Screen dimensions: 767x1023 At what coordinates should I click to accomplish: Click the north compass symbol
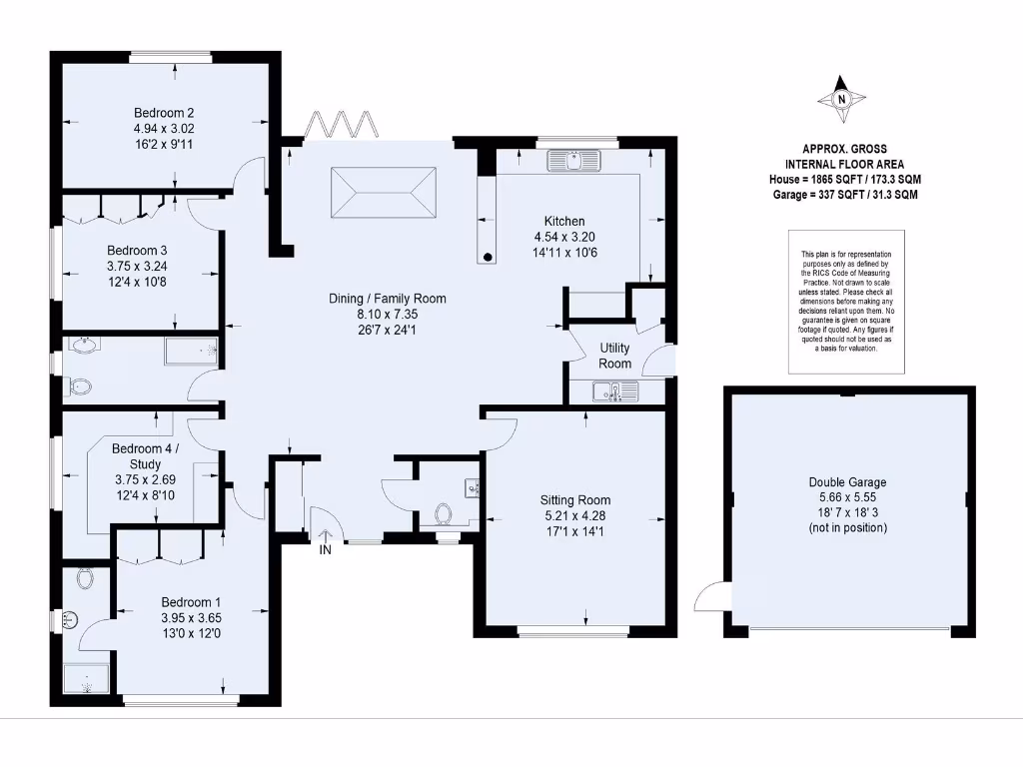[841, 99]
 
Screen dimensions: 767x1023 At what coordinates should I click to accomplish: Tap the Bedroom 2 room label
[164, 112]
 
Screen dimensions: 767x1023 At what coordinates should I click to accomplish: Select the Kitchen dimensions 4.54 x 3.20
[564, 237]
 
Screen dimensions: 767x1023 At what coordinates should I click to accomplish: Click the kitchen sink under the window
[572, 160]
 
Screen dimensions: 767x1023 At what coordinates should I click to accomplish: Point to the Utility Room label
[614, 356]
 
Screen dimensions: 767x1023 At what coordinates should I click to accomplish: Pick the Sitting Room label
[574, 499]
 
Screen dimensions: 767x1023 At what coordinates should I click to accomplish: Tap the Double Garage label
[847, 482]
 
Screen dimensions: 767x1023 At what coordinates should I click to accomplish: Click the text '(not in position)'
[847, 527]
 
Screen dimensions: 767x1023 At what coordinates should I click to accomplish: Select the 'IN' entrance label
[326, 550]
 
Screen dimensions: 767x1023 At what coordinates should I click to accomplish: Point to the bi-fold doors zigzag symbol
[342, 125]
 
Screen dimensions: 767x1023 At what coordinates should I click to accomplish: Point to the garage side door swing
[711, 597]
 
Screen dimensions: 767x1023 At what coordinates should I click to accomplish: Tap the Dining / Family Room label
[388, 299]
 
